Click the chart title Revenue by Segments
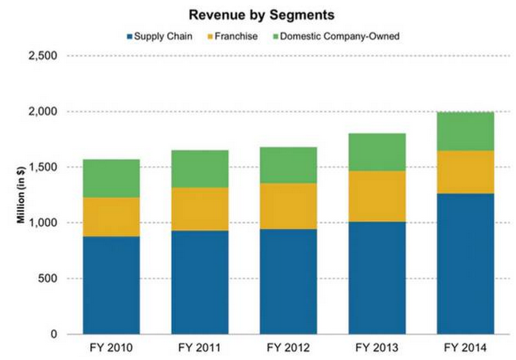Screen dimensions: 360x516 pos(261,15)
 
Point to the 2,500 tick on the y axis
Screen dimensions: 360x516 pos(43,56)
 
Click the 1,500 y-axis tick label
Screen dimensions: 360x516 pos(43,167)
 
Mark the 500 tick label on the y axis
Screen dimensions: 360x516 pos(48,279)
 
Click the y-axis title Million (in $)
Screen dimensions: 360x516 pos(19,195)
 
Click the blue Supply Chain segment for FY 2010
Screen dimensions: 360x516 pos(111,285)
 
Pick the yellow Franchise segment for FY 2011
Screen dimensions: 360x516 pos(200,209)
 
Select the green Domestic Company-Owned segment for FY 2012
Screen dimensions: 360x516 pos(288,165)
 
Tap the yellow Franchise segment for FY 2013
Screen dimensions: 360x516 pos(377,196)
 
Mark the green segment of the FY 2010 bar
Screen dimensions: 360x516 pos(111,178)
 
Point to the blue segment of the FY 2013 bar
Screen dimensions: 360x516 pos(377,278)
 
